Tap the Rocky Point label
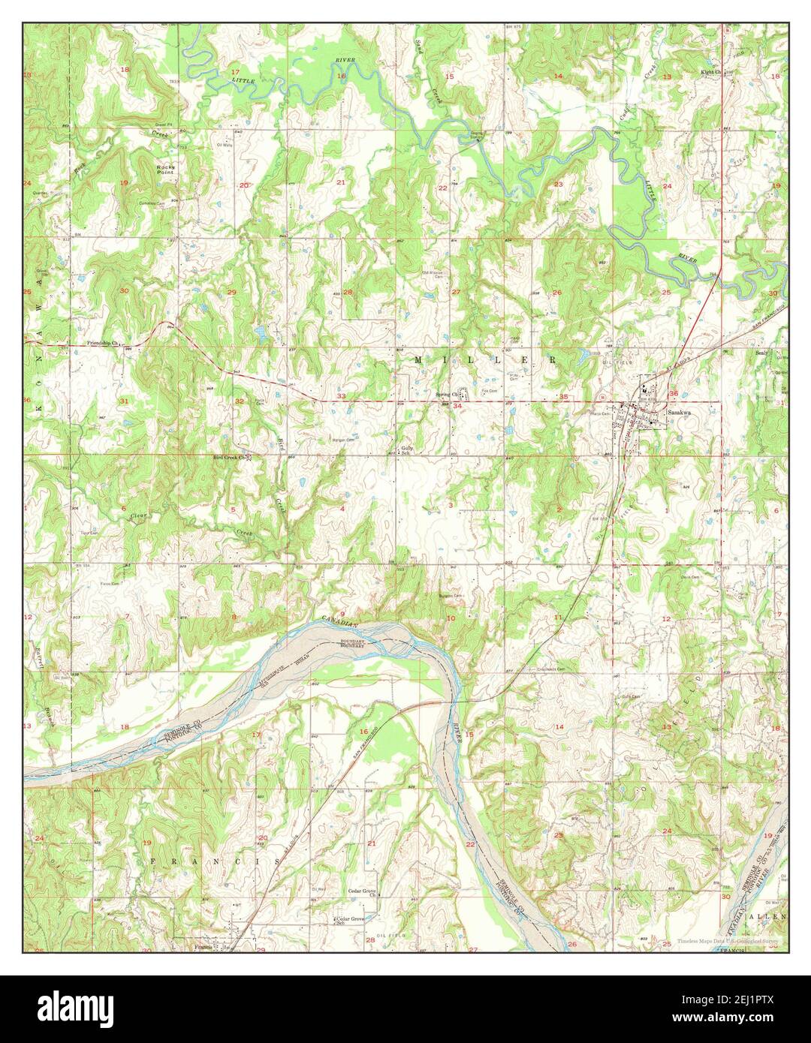165,169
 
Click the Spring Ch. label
447,394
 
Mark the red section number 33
342,395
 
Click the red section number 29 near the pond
232,292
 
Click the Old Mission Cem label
434,273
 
